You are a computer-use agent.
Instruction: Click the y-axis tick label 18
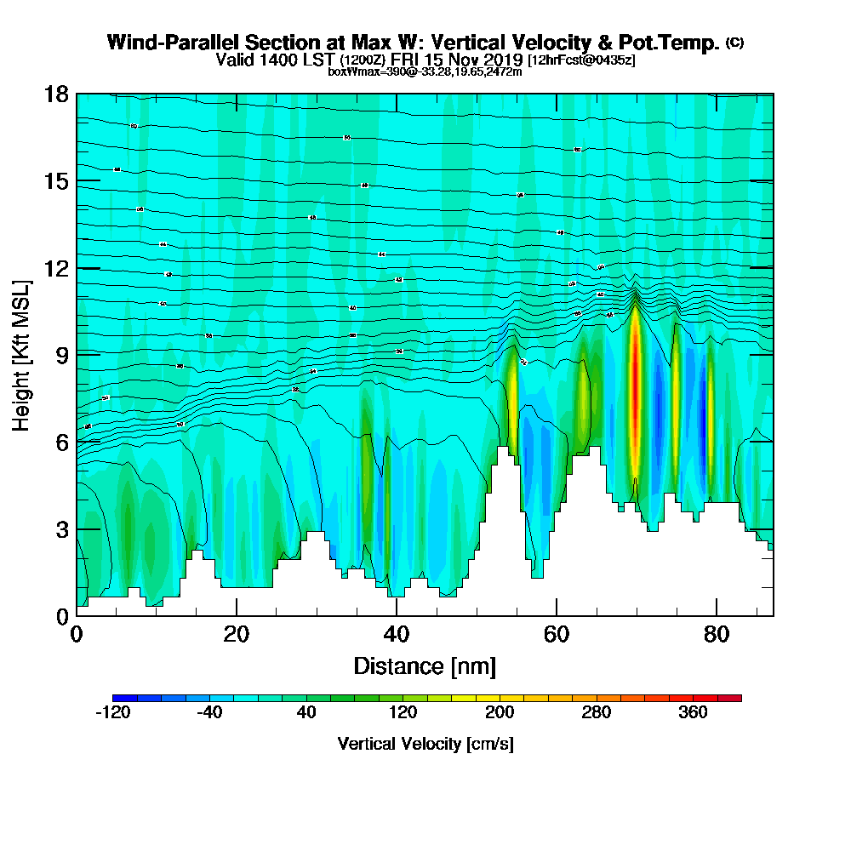[55, 94]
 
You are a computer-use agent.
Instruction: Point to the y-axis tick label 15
[55, 181]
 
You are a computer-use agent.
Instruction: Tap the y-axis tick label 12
[55, 268]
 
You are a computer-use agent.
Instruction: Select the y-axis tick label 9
[60, 355]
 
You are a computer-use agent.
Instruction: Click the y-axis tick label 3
[60, 529]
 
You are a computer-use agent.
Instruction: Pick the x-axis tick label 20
[237, 634]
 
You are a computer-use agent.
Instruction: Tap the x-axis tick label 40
[397, 634]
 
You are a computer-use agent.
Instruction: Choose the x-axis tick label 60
[557, 634]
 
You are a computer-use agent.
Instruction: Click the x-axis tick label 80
[717, 634]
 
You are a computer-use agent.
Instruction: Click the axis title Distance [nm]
[425, 665]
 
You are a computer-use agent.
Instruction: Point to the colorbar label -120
[112, 713]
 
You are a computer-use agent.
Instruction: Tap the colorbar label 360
[693, 713]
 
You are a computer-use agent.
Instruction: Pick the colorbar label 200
[500, 713]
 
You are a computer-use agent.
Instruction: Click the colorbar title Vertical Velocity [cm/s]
[425, 744]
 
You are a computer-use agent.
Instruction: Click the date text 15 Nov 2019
[468, 60]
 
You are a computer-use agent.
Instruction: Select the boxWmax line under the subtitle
[425, 71]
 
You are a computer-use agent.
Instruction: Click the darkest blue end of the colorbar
[118, 698]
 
